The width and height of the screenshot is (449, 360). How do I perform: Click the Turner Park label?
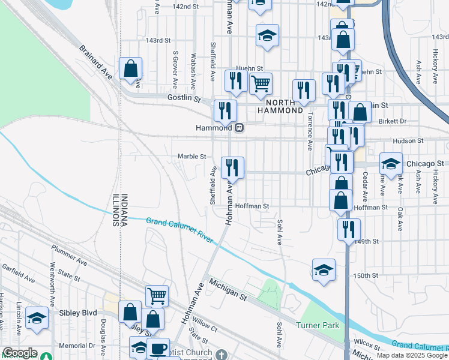[x=318, y=325]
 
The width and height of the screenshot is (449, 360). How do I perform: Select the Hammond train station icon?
[x=239, y=128]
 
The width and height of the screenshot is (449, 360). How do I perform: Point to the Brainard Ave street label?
[x=96, y=62]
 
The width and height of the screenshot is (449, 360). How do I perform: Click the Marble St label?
[x=191, y=157]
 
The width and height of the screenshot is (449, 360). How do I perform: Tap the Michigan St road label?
[x=227, y=289]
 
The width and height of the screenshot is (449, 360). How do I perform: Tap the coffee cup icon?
[x=158, y=349]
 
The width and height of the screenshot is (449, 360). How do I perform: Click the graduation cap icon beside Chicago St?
[x=390, y=163]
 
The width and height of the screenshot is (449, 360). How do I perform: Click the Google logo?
[x=20, y=353]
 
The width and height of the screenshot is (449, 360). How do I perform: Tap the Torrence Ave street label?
[x=310, y=131]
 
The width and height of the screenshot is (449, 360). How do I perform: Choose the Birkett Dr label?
[x=394, y=121]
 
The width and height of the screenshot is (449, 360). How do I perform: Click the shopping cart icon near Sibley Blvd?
[x=157, y=295]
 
